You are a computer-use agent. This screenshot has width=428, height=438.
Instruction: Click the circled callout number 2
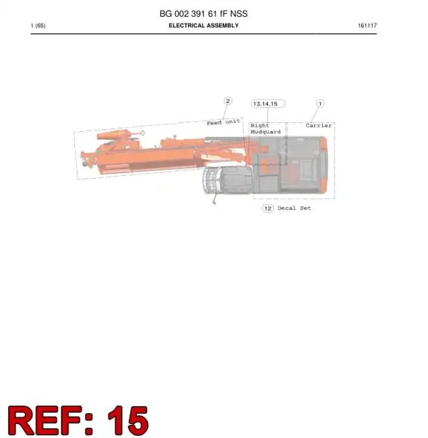228,101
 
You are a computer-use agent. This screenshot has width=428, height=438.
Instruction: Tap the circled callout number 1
320,104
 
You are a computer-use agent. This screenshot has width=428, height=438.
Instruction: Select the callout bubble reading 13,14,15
268,104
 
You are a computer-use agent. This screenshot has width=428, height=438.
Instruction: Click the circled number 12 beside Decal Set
267,209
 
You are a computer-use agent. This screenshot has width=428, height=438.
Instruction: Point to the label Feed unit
223,122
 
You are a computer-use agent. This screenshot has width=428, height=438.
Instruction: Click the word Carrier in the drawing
319,126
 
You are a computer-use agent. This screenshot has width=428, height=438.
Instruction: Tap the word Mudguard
265,132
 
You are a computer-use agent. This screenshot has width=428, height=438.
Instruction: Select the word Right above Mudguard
260,126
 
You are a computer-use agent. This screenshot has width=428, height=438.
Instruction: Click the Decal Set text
294,208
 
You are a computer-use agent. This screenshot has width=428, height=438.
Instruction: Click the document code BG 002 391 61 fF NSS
203,13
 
